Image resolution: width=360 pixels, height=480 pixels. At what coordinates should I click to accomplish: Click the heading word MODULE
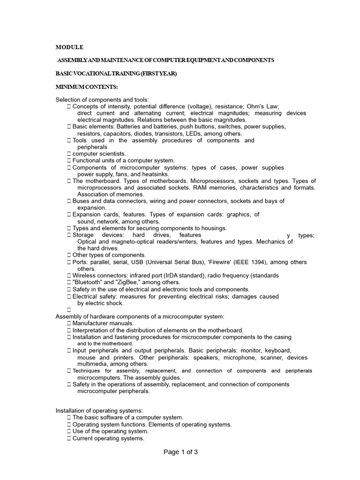[69, 47]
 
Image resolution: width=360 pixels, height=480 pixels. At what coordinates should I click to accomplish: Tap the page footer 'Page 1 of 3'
[180, 452]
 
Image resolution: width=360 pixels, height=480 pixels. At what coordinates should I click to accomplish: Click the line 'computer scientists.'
[99, 154]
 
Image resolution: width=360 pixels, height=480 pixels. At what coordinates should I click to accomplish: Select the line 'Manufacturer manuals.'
[103, 323]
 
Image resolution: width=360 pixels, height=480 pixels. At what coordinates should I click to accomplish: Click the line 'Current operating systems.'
[108, 438]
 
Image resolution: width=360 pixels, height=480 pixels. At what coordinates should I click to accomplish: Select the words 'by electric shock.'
[100, 303]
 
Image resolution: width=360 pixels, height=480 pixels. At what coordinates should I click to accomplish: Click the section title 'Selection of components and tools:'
[102, 99]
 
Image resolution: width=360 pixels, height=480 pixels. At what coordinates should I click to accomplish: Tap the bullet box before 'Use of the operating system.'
[69, 431]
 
